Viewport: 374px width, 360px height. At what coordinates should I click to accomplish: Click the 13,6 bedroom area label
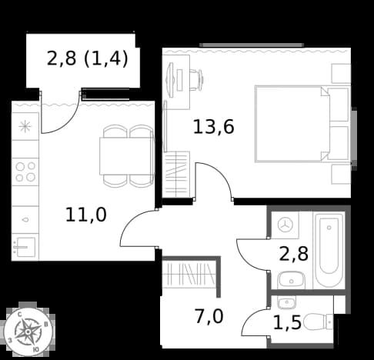213,127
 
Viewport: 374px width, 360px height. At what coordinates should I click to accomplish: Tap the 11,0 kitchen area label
86,215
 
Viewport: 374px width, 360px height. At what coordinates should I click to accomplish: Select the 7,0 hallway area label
209,316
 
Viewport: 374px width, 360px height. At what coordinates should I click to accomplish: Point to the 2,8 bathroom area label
294,254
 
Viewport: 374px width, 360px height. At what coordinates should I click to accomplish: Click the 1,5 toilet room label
287,322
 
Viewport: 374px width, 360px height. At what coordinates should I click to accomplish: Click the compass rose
28,332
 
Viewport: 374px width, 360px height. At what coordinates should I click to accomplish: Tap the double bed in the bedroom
302,124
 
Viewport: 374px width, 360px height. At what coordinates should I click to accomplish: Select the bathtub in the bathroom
329,250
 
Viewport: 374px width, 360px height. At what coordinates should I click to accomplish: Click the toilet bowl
318,322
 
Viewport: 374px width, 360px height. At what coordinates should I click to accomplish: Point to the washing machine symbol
286,225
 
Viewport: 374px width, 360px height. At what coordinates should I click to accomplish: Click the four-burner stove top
25,172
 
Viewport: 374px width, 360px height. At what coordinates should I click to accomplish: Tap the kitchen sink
25,247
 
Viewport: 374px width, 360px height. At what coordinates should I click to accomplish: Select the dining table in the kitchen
127,156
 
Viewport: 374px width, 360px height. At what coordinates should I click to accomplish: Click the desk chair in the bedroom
196,80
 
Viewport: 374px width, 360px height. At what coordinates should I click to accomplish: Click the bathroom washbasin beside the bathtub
291,280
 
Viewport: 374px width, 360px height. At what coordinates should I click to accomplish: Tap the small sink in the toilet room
286,303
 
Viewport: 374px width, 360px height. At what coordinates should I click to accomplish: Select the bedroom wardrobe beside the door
176,175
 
